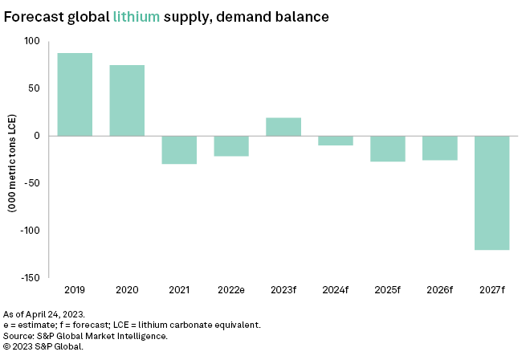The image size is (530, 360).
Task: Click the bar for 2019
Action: click(x=75, y=95)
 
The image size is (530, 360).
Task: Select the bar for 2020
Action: click(x=127, y=100)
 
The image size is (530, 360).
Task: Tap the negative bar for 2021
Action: click(x=179, y=149)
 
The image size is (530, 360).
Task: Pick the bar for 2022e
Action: click(x=231, y=145)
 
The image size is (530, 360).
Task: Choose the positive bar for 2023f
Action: click(x=283, y=127)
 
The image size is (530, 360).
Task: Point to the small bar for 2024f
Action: click(x=336, y=141)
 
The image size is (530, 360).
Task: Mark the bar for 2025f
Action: click(x=387, y=149)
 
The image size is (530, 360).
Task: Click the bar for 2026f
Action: click(x=439, y=148)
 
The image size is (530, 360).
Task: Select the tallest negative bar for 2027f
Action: click(x=491, y=193)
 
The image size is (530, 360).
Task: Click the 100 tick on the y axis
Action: click(x=31, y=41)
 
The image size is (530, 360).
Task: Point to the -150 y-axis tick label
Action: click(x=29, y=278)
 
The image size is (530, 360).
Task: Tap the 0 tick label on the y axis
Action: click(x=36, y=136)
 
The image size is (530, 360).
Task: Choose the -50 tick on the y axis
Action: click(x=31, y=183)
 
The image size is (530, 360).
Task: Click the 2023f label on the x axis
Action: click(x=283, y=288)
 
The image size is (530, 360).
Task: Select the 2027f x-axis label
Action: click(x=491, y=288)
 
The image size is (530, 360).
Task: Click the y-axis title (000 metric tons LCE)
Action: click(x=13, y=161)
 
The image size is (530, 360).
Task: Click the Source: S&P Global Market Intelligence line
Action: click(x=84, y=335)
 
